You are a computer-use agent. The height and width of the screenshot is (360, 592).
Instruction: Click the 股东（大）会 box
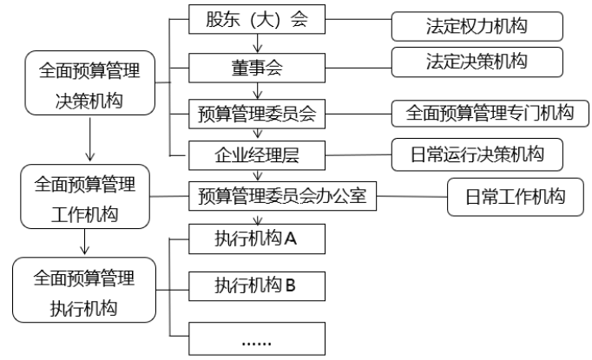pos(257,21)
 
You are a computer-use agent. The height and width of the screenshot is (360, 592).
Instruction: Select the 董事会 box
pos(257,65)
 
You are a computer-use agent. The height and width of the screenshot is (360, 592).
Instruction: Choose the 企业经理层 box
pos(257,155)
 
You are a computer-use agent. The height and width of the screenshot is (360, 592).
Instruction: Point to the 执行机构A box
pos(257,239)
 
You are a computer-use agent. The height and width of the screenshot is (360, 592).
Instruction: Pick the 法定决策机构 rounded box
pos(477,62)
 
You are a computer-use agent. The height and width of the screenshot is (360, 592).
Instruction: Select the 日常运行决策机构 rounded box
pos(477,155)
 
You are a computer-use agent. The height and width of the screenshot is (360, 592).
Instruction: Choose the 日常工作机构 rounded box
pos(517,197)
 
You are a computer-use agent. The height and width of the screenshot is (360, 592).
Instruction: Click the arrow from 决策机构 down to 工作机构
pos(90,140)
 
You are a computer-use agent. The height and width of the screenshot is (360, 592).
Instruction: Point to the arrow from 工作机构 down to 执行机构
pos(83,242)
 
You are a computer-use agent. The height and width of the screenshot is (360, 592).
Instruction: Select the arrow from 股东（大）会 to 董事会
pos(257,43)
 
